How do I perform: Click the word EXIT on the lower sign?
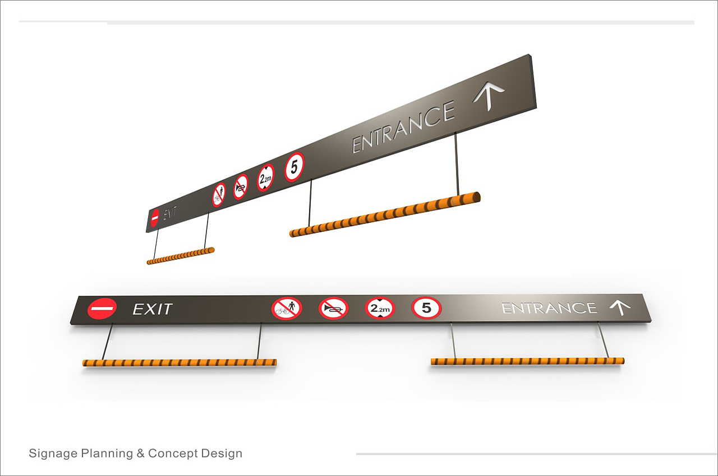(152, 309)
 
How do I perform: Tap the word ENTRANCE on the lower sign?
(549, 308)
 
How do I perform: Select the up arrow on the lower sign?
(620, 307)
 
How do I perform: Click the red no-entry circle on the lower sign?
(102, 309)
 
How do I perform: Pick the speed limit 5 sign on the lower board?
(426, 307)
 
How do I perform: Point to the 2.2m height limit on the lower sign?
(380, 308)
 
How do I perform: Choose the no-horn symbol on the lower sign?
(333, 308)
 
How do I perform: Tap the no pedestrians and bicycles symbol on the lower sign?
(287, 308)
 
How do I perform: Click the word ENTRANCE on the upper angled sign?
(403, 128)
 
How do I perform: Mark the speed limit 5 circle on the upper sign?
(294, 167)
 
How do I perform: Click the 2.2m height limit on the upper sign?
(266, 178)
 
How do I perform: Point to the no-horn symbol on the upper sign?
(241, 187)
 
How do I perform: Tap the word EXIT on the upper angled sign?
(170, 214)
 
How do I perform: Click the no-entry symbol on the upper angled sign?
(155, 218)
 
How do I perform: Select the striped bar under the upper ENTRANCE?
(385, 214)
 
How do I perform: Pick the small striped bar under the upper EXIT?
(181, 256)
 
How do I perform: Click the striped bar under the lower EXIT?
(179, 362)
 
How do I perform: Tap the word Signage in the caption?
(53, 453)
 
